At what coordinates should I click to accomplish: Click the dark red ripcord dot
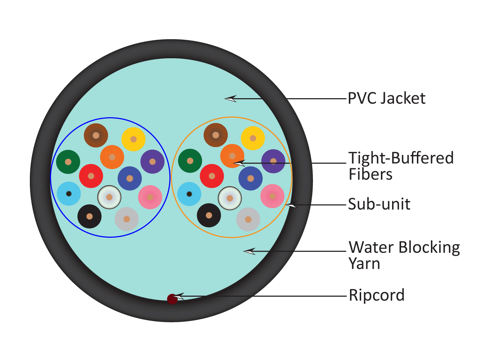pos(172,299)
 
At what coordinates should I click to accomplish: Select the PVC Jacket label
pos(387,98)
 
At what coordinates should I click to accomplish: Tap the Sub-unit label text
pos(379,204)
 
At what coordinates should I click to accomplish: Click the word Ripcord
pos(377,295)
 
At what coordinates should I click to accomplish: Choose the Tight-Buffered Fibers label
pos(401,166)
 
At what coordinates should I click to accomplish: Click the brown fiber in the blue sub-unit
pos(96,135)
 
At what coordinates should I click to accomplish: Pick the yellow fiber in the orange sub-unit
pos(253,138)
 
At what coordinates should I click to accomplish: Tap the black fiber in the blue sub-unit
pos(90,216)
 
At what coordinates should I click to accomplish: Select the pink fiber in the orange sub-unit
pos(272,196)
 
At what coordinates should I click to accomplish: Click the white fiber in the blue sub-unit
pos(109,197)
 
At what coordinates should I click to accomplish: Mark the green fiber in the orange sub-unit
pos(190,161)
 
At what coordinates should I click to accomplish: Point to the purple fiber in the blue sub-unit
pos(153,161)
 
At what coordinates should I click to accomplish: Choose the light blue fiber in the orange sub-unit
pos(189,194)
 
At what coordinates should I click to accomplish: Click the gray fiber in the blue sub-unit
pos(127,219)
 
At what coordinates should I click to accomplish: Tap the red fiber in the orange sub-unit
pos(212,176)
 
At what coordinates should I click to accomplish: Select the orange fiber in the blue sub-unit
pos(112,157)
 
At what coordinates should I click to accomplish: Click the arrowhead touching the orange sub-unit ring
pos(291,205)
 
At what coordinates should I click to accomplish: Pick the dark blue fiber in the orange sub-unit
pos(251,178)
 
